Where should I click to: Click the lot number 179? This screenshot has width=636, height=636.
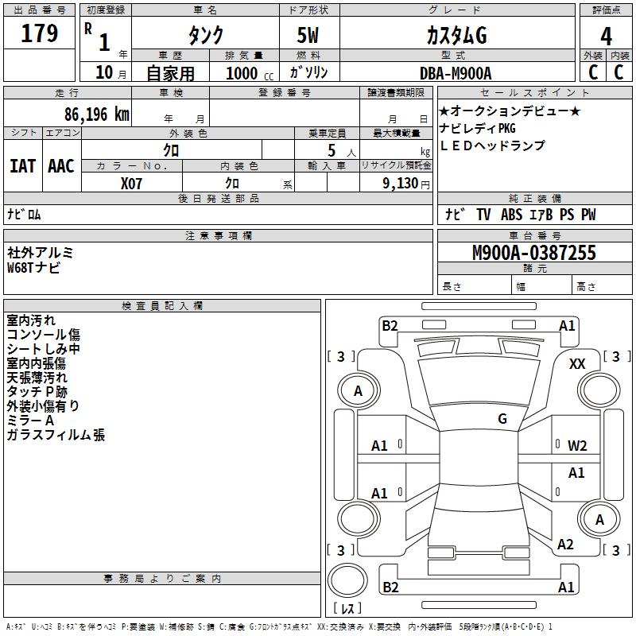[x=40, y=34]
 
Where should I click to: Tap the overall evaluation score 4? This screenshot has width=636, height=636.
[x=606, y=37]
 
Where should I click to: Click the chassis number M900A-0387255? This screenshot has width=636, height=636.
[x=533, y=254]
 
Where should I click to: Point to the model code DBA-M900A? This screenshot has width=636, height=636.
[x=456, y=73]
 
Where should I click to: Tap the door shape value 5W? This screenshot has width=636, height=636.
[x=309, y=36]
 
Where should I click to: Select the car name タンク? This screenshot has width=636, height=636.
[x=205, y=36]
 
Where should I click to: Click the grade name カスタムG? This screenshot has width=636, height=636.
[x=456, y=36]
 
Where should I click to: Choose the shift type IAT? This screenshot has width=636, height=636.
[x=22, y=166]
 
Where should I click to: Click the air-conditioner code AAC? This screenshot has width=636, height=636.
[x=61, y=166]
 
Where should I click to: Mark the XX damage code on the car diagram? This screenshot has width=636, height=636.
[x=577, y=363]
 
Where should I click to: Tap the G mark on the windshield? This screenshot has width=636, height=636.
[x=502, y=419]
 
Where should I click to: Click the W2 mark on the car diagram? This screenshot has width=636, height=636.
[x=577, y=445]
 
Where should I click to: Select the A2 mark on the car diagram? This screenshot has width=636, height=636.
[x=565, y=545]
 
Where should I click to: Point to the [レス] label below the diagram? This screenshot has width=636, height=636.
[x=347, y=608]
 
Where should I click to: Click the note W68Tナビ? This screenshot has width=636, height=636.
[x=33, y=268]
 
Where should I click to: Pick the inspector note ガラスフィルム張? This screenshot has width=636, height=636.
[x=56, y=435]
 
